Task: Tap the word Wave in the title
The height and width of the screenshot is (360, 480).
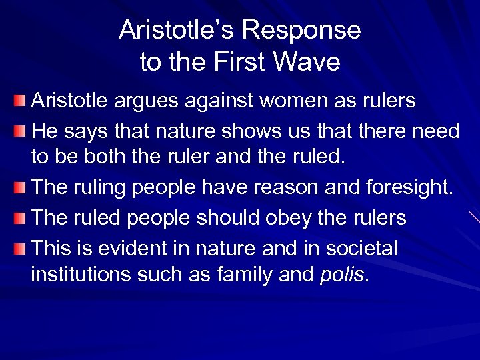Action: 309,62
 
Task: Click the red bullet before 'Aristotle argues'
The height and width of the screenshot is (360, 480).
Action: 21,101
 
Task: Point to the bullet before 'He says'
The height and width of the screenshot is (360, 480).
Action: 21,131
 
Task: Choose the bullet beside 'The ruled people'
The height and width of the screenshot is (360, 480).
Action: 21,219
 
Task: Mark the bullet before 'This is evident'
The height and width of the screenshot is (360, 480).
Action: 21,248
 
